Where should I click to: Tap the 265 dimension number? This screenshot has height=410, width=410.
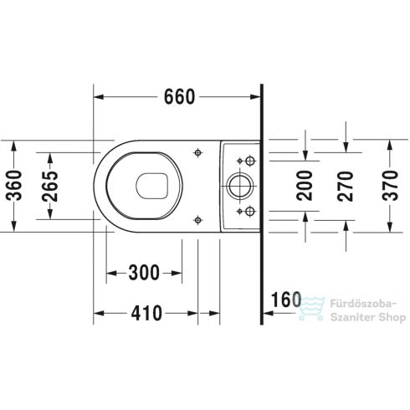pos(51,187)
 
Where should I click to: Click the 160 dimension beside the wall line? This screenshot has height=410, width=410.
pos(285,299)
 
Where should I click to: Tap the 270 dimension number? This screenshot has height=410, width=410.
pos(344,186)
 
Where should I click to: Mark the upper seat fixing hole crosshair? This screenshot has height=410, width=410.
pos(197,153)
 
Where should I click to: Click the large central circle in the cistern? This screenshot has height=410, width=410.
pos(239,185)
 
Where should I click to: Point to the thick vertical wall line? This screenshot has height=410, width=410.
pos(263,201)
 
